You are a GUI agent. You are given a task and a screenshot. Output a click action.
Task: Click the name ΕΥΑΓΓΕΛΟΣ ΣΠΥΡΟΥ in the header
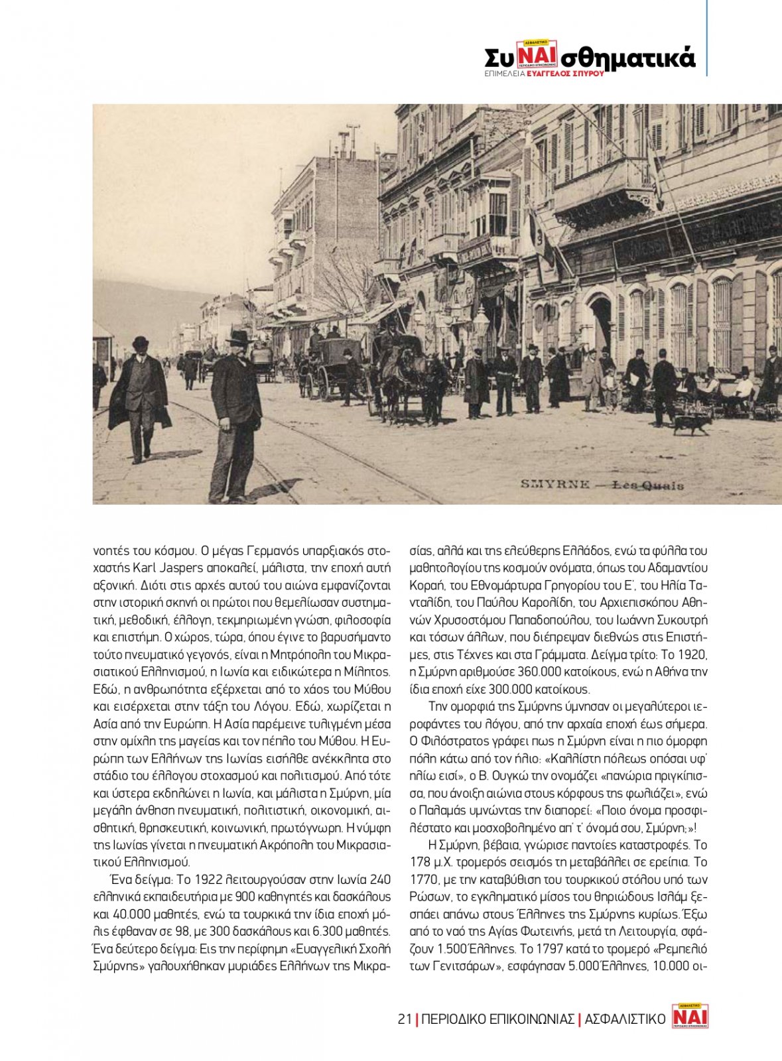pyautogui.click(x=565, y=74)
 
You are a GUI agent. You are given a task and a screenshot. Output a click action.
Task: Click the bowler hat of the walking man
pyautogui.click(x=140, y=343)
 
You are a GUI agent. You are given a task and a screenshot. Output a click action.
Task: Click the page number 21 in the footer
pyautogui.click(x=405, y=1019)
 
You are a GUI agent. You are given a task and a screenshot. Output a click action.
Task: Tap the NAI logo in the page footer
pyautogui.click(x=690, y=1016)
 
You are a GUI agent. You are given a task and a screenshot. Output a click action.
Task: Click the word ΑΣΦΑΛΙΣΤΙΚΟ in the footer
pyautogui.click(x=625, y=1019)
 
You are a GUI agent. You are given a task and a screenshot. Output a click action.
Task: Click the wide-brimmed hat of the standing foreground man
pyautogui.click(x=238, y=337)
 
